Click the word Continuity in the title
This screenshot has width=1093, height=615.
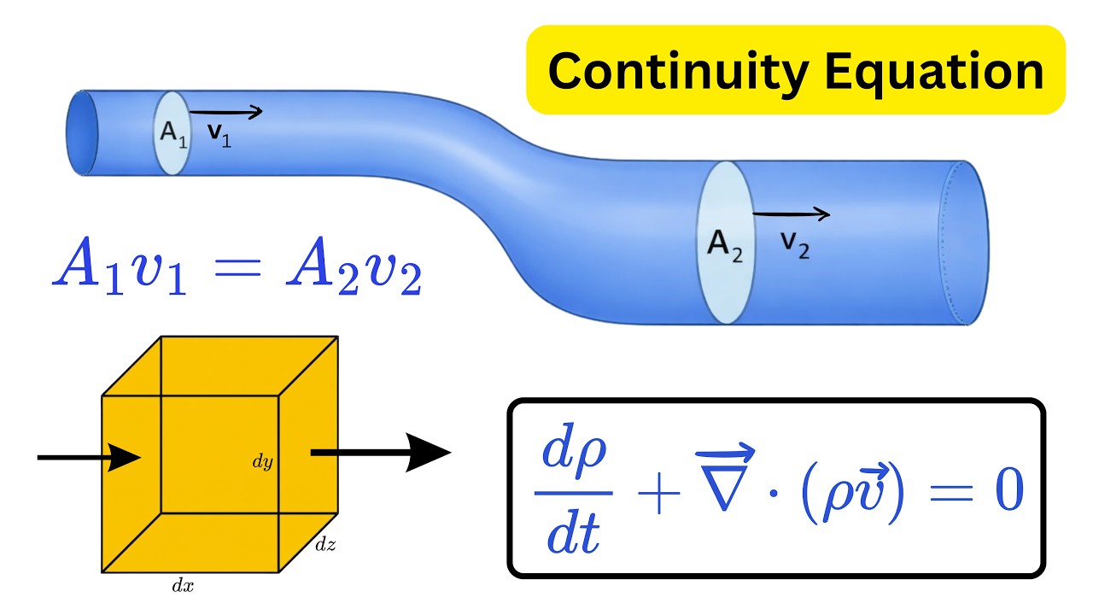[x=679, y=73]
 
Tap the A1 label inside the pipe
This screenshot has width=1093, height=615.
[x=173, y=133]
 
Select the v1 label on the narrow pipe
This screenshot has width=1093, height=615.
[x=219, y=135]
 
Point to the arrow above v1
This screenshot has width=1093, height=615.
[x=226, y=112]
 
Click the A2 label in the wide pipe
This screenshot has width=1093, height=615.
[x=725, y=246]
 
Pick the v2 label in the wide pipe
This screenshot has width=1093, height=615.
[x=795, y=245]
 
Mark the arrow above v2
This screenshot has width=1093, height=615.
[x=791, y=214]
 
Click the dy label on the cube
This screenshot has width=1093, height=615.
[x=262, y=461]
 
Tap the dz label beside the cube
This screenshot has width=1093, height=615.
[x=325, y=544]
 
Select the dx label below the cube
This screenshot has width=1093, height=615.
[x=183, y=585]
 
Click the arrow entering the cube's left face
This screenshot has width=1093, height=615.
[x=90, y=458]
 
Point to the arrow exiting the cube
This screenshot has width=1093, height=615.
[x=381, y=453]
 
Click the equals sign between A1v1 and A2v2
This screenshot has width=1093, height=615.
[x=237, y=267]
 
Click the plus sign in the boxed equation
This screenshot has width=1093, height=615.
[x=658, y=494]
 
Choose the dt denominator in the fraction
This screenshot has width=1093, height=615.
[x=573, y=535]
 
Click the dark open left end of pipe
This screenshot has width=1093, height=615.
[x=83, y=132]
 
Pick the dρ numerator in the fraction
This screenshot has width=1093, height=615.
[x=575, y=451]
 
